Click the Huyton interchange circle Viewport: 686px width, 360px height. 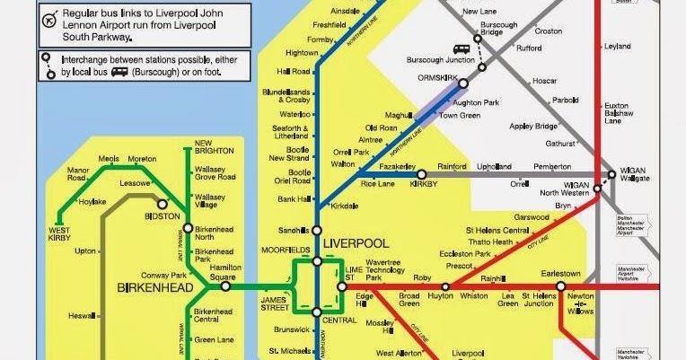coord(440,287)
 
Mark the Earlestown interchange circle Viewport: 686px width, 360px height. coord(561,287)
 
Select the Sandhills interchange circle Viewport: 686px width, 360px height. coord(316,231)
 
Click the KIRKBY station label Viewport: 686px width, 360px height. coord(423,183)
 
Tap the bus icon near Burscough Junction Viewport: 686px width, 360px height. coord(460,50)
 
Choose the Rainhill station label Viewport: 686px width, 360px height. coord(495,278)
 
